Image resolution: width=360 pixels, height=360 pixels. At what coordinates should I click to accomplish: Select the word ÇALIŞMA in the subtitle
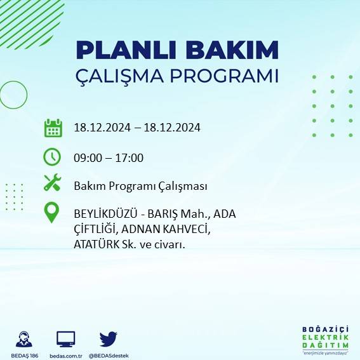(x=120, y=76)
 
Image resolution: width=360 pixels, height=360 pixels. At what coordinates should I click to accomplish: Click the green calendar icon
(x=53, y=128)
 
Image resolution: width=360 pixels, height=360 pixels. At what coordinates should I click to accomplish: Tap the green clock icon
(x=52, y=156)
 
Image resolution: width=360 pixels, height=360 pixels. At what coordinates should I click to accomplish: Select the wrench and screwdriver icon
(x=52, y=183)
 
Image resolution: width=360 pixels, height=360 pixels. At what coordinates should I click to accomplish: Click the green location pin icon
(x=52, y=213)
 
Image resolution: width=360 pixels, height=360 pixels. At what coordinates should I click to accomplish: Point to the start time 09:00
(x=88, y=158)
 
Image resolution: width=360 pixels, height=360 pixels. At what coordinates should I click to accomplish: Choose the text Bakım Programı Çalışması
(x=140, y=186)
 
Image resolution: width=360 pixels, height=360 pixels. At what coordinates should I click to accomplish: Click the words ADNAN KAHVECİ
(x=169, y=229)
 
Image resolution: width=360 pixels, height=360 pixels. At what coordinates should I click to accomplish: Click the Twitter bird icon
(x=108, y=338)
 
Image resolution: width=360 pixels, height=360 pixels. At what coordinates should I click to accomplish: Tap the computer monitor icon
(x=66, y=338)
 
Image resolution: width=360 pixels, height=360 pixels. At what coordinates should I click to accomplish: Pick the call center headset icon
(x=25, y=338)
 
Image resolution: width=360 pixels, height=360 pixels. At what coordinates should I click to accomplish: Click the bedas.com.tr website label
(x=66, y=355)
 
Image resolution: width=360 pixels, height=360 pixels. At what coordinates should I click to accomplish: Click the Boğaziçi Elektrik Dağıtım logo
(x=325, y=340)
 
